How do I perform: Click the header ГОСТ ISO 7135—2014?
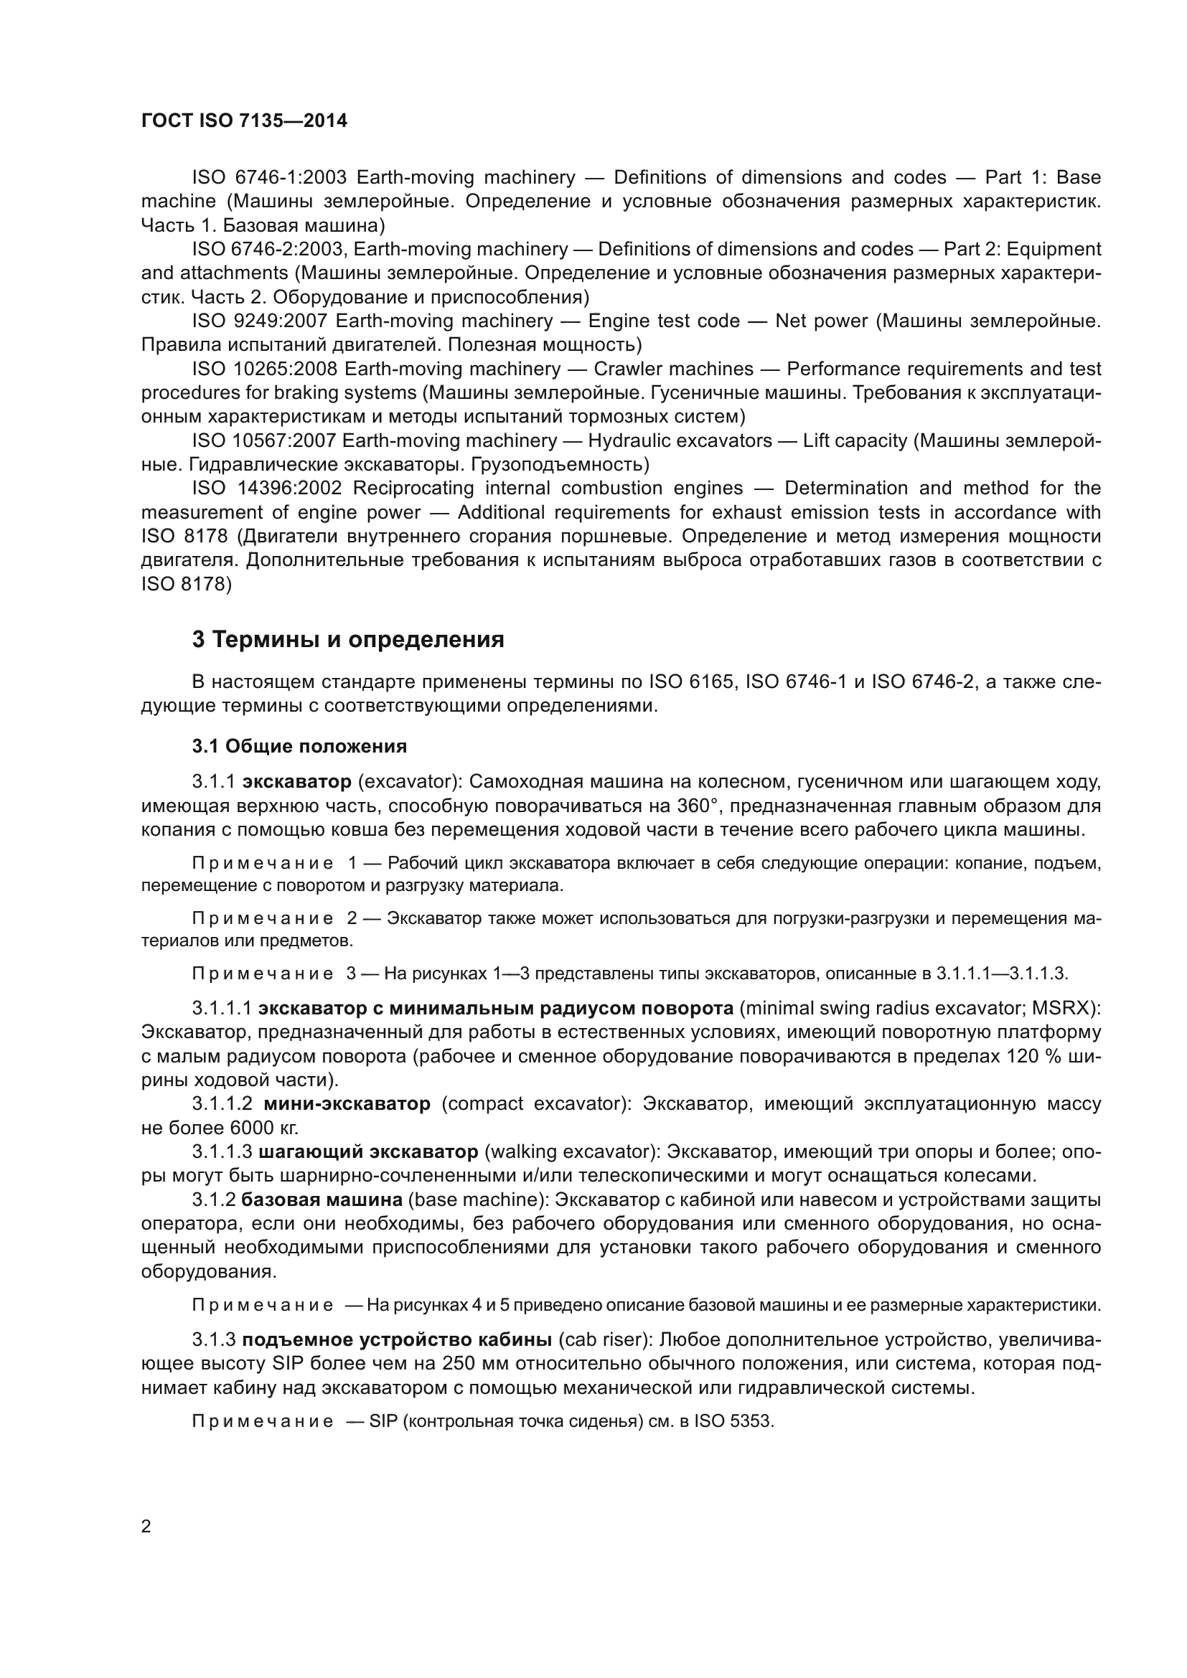(x=244, y=121)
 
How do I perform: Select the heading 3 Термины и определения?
(x=348, y=639)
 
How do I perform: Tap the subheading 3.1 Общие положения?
(x=300, y=746)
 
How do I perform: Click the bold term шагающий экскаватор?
(x=368, y=1152)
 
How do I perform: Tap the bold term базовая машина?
(x=322, y=1200)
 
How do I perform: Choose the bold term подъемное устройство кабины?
(x=397, y=1339)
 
